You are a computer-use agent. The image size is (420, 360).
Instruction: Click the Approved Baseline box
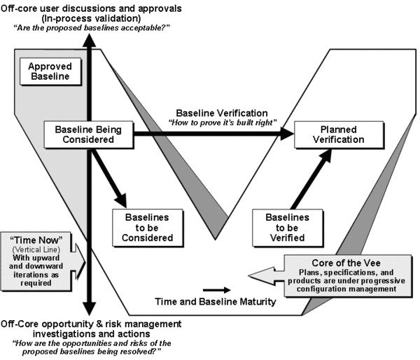coord(49,71)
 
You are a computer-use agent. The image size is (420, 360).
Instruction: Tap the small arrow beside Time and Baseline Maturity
coord(213,288)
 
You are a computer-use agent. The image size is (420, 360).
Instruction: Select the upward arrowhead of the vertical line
coord(89,41)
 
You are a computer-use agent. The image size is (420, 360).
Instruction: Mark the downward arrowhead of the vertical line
coord(89,310)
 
